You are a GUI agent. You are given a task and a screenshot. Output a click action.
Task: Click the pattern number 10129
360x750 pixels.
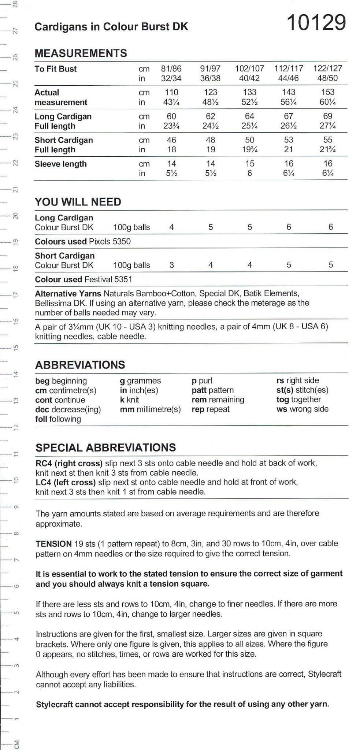(x=316, y=23)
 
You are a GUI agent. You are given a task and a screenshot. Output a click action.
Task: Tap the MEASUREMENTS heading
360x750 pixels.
(x=81, y=53)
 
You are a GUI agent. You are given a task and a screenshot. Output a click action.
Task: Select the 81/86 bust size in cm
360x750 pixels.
(x=171, y=68)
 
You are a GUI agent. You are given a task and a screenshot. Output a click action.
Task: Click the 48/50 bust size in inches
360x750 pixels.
(x=327, y=78)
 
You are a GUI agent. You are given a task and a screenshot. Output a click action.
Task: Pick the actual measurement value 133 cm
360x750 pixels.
(x=249, y=92)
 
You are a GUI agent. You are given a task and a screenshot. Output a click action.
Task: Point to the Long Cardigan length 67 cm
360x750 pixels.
(x=289, y=116)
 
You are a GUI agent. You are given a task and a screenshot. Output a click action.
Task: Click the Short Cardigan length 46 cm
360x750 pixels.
(x=171, y=140)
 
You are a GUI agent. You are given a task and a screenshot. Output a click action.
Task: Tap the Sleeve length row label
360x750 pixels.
(x=60, y=164)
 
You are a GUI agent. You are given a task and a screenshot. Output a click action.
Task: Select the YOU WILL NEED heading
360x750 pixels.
(x=78, y=202)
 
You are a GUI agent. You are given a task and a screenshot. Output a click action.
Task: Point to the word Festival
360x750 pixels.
(x=98, y=279)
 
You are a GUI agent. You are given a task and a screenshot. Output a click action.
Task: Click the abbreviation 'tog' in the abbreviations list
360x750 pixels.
(x=282, y=400)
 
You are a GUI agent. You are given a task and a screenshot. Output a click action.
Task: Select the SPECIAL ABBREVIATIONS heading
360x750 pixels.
(x=105, y=448)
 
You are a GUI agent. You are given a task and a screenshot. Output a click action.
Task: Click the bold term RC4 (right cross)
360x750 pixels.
(x=69, y=463)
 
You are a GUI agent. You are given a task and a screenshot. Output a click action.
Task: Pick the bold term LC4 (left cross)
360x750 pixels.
(x=66, y=482)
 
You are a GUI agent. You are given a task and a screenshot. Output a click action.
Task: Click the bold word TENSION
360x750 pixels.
(x=53, y=543)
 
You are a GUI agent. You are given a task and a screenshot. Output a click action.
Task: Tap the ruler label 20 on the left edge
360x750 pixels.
(x=15, y=216)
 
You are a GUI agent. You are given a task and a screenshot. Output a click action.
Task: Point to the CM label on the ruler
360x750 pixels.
(x=16, y=743)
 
